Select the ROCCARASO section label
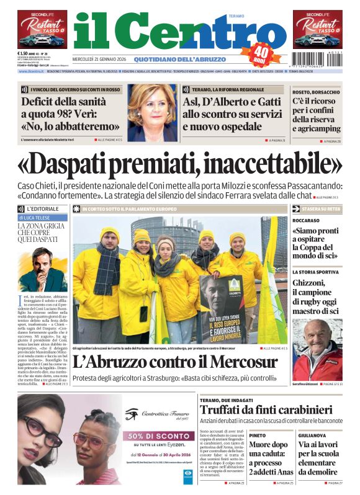click(306, 220)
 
